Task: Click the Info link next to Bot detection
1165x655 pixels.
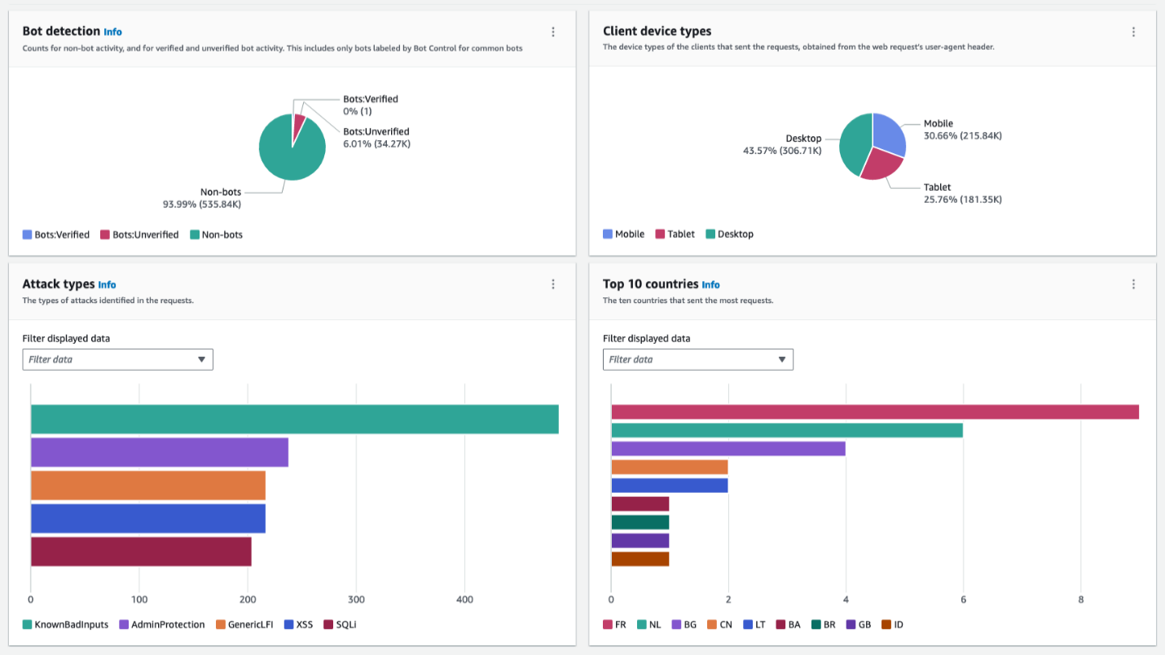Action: (x=112, y=32)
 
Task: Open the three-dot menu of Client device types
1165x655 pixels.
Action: (x=1132, y=32)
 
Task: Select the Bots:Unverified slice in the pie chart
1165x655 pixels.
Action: (x=299, y=122)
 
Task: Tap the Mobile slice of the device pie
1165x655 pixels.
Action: (x=888, y=134)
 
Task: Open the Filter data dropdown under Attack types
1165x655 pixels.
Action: (x=117, y=359)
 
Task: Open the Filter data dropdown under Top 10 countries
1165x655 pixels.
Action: (x=697, y=359)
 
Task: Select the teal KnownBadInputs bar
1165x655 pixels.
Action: (x=294, y=419)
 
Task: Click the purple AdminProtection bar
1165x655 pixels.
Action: (x=159, y=452)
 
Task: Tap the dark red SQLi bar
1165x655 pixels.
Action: (x=140, y=552)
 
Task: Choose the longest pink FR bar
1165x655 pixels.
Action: (x=874, y=411)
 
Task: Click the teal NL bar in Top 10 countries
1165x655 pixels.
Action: (x=786, y=430)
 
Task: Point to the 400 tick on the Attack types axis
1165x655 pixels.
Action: (x=464, y=599)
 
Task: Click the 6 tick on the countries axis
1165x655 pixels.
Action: (x=963, y=599)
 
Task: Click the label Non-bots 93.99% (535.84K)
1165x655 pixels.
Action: (x=202, y=198)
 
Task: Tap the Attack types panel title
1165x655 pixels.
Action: (x=58, y=284)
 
